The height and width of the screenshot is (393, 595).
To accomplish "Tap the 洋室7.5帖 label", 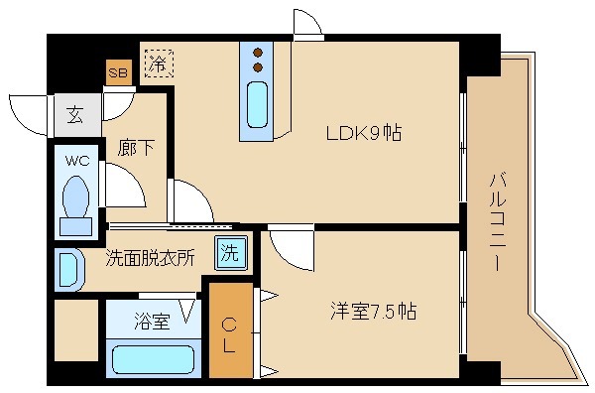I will click(x=373, y=311).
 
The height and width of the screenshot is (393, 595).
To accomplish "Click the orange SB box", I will click(x=118, y=71).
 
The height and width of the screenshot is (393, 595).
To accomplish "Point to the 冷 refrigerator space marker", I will click(x=158, y=63).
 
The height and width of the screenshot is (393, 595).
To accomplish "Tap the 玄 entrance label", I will click(x=75, y=113).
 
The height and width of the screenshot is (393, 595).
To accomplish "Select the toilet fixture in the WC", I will click(x=75, y=203).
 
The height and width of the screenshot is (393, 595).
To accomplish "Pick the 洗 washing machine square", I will click(x=229, y=252).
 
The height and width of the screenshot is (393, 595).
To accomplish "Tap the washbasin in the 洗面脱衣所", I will click(x=67, y=269).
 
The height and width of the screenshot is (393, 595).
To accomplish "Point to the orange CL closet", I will click(x=229, y=329).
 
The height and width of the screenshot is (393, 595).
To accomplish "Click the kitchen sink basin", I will click(x=256, y=109).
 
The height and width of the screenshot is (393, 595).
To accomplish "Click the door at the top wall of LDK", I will click(x=307, y=25).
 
